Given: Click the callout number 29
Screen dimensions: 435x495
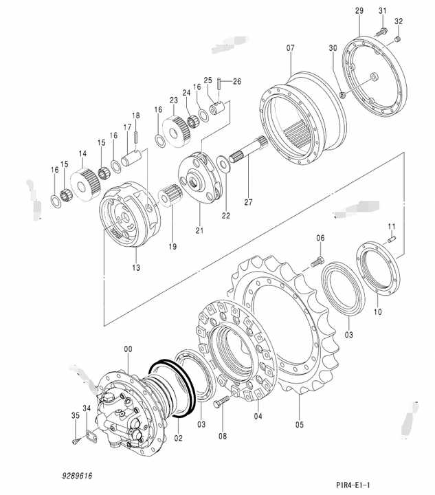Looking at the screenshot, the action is (359, 11).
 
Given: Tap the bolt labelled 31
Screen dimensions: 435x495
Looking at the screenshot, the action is (381, 32).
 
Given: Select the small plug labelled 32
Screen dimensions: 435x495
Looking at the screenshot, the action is (398, 39).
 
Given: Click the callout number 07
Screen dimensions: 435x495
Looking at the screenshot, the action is (291, 48).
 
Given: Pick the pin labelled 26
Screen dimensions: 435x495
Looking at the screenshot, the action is (219, 83).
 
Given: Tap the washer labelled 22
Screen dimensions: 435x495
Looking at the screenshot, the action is (223, 163).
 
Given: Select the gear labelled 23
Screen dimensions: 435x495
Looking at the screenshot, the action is (177, 131).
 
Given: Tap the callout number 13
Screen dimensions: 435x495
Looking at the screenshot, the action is (136, 267).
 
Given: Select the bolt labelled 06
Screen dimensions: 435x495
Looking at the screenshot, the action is (317, 262).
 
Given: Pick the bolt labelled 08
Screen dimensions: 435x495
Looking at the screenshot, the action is (221, 402).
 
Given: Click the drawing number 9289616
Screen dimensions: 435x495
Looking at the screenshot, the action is (77, 476).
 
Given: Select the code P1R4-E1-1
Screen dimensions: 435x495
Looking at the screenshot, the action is (353, 484).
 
